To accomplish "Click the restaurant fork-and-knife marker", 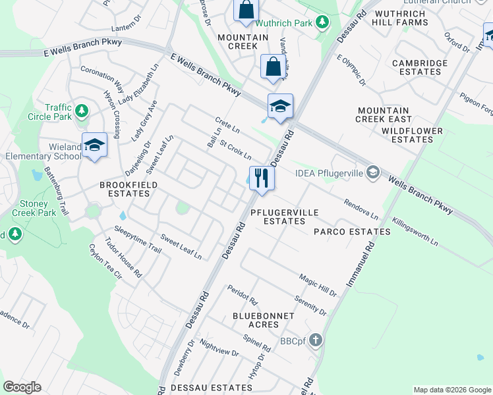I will pos(262,177).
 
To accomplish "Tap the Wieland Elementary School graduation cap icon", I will pos(94,145).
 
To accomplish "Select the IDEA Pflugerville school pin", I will pos(373,172).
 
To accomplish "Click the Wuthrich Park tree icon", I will pos(322,23).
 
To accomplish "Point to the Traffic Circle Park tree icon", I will pos(81,111).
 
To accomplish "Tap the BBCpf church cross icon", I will pos(316,340).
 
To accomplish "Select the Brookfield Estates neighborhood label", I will pos(129,190).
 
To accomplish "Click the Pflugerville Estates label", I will pos(285,217).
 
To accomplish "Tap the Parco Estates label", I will pos(352,232).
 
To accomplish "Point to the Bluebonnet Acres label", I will pos(263,320).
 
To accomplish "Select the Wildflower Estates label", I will pos(412,135).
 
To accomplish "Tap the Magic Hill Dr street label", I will pos(318,285).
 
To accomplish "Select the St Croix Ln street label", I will pos(235,150).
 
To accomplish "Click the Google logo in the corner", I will pos(22,387).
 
